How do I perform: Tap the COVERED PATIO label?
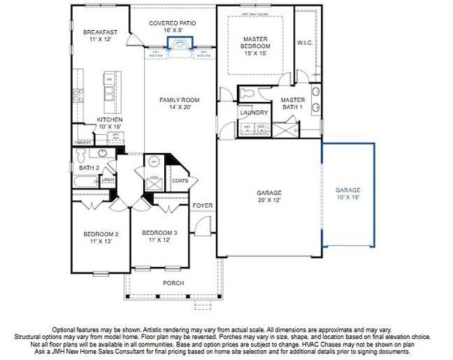(x=172, y=23)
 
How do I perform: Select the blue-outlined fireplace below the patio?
(x=180, y=47)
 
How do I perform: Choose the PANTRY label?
(x=82, y=141)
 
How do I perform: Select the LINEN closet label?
(x=107, y=180)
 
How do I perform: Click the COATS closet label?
(x=180, y=180)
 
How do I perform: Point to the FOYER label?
(x=202, y=205)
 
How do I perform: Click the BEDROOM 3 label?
(x=159, y=233)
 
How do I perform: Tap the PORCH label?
(x=173, y=283)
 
